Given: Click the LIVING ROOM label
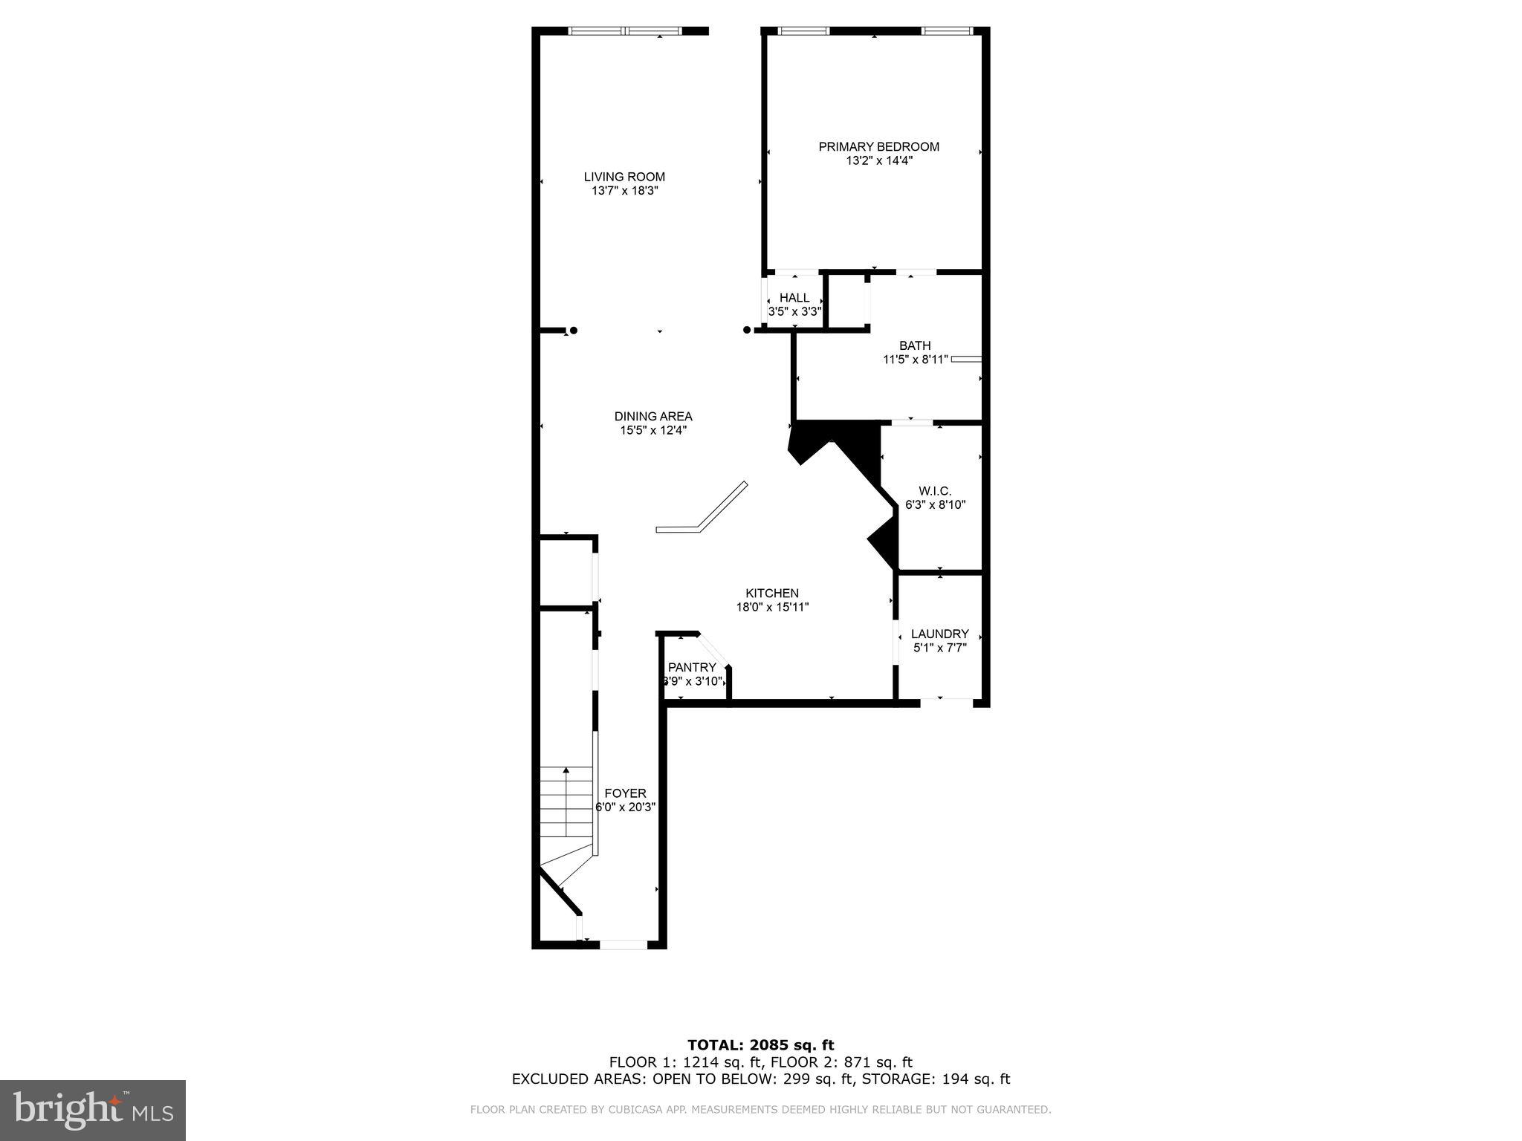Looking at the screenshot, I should [624, 177].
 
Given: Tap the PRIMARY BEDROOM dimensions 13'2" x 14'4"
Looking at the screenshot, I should [878, 160].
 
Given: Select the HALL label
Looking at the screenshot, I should [794, 298].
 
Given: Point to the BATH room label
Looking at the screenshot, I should [915, 345].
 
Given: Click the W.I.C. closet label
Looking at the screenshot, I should [935, 491].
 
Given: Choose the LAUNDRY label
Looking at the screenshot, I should [939, 634].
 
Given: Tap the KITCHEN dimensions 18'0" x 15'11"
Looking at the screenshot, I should [772, 607].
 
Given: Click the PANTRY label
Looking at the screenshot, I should [692, 667].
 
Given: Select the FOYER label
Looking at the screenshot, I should [625, 793].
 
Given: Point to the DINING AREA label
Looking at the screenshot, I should [653, 416].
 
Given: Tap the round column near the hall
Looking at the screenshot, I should [747, 331].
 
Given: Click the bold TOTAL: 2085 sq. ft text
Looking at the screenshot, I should [760, 1046].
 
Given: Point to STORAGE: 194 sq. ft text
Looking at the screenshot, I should [939, 1079].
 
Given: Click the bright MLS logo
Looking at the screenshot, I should [93, 1110].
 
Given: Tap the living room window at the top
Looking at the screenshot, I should [625, 31].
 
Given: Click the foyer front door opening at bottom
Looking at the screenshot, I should [624, 945].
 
